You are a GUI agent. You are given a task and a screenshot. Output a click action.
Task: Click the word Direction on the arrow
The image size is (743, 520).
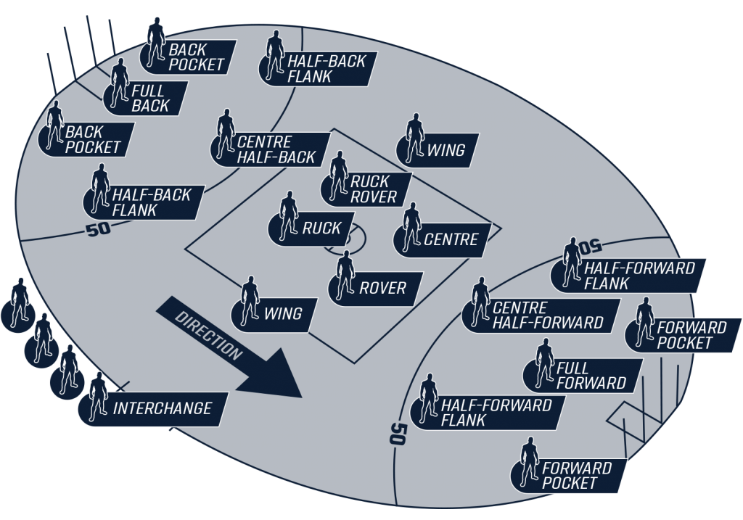pyautogui.click(x=208, y=335)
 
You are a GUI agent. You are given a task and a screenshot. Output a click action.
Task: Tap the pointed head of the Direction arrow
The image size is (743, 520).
pyautogui.click(x=301, y=397)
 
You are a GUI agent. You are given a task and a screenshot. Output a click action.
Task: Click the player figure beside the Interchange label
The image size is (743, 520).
pyautogui.click(x=99, y=397)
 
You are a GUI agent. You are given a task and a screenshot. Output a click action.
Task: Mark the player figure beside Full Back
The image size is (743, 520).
pyautogui.click(x=120, y=83)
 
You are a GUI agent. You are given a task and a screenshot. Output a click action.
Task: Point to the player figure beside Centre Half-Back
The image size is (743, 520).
pyautogui.click(x=226, y=134)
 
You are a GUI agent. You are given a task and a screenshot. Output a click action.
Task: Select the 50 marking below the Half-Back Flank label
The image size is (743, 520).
pyautogui.click(x=99, y=230)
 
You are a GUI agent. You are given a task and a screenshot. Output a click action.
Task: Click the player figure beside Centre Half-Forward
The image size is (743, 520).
pyautogui.click(x=480, y=302)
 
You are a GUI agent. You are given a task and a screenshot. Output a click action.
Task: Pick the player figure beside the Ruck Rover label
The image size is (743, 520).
pyautogui.click(x=338, y=176)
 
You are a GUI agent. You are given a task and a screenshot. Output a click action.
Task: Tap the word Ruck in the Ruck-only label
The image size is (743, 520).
pyautogui.click(x=321, y=228)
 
